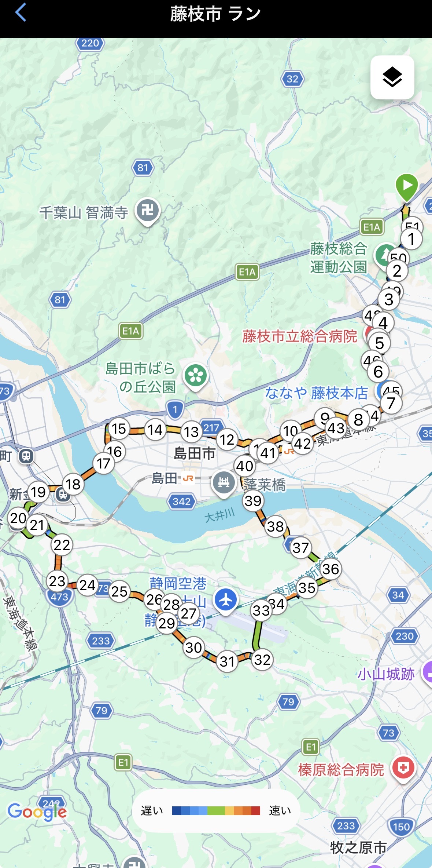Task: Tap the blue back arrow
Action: click(x=21, y=12)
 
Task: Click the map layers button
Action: click(x=392, y=77)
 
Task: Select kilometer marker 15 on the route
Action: click(x=119, y=428)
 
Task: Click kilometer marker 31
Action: click(x=227, y=661)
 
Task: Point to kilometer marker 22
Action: click(x=62, y=545)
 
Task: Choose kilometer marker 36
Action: click(x=331, y=569)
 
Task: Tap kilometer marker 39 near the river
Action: click(x=253, y=500)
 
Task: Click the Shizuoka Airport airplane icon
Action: click(x=226, y=599)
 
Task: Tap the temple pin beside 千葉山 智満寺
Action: click(x=148, y=211)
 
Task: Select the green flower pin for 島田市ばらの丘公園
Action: click(x=196, y=376)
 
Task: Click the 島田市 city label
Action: click(x=195, y=453)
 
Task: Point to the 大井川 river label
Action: click(x=219, y=516)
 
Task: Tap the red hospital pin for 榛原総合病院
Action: click(x=403, y=767)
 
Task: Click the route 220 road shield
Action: click(x=90, y=43)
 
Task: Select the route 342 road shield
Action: click(x=182, y=501)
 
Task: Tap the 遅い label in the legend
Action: click(x=152, y=810)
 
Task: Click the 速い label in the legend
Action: click(x=280, y=810)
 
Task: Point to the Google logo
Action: click(x=37, y=812)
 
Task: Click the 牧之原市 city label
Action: click(x=358, y=847)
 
